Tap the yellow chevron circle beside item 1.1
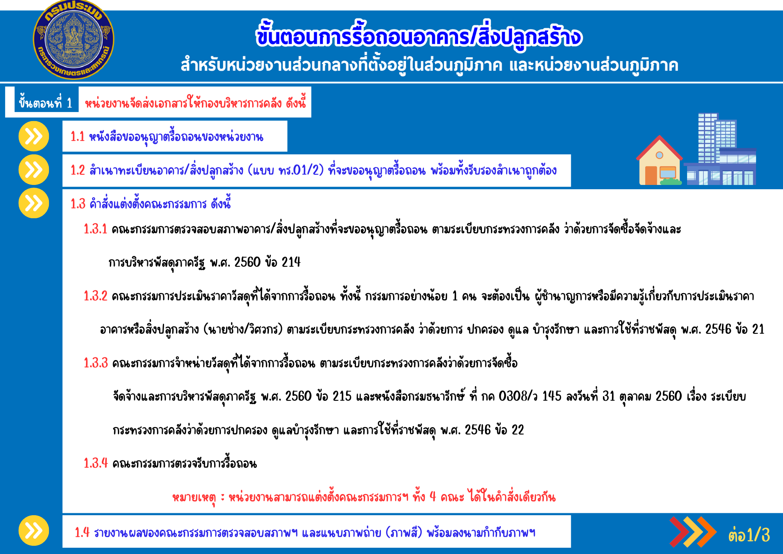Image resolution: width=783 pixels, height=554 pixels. point(34,136)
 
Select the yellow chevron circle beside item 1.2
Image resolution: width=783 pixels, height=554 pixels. point(34,170)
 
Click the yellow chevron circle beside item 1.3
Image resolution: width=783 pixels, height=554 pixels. point(34,203)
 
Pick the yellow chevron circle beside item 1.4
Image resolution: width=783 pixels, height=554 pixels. point(34,530)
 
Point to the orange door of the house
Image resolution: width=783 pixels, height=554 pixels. point(651,175)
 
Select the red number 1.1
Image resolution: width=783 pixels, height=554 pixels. point(78,137)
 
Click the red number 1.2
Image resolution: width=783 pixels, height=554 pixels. point(78,170)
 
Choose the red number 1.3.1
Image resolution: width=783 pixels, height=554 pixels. point(95,229)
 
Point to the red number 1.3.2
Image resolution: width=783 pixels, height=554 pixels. point(95,296)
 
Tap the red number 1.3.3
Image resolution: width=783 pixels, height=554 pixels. point(96,363)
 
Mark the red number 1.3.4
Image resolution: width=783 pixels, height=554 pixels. point(96,463)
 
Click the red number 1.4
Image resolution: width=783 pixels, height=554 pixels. point(82,533)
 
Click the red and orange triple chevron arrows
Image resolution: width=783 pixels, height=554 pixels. point(693,532)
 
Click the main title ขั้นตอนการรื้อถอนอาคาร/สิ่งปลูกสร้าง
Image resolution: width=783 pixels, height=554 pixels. point(419,36)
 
